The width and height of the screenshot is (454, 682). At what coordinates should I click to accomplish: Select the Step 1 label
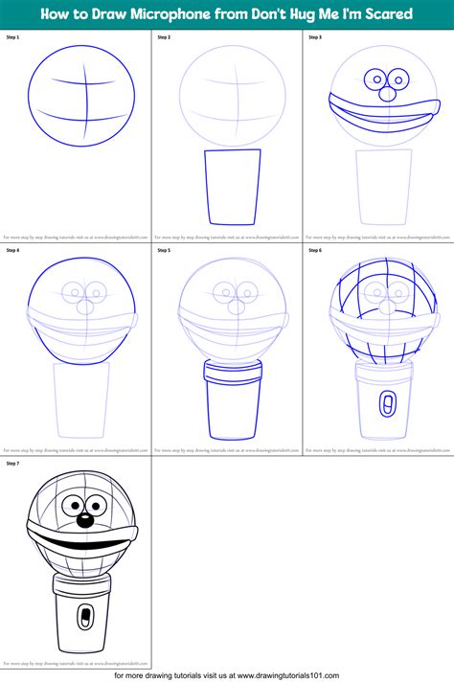[x=11, y=36]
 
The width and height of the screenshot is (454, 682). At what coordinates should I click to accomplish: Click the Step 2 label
[x=163, y=36]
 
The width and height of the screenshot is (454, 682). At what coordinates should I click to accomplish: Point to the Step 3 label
[x=314, y=36]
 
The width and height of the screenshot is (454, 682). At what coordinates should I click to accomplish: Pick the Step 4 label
[x=11, y=250]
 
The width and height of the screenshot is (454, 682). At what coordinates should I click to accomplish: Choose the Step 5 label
[x=163, y=250]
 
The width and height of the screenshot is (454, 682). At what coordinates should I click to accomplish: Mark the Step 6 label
[x=314, y=250]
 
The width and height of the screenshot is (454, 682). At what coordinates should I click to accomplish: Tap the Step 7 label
[x=11, y=463]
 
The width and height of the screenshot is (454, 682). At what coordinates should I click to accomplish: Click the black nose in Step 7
[x=84, y=520]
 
